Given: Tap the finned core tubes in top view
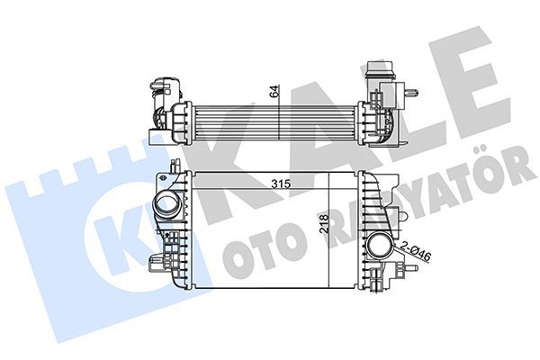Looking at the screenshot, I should pyautogui.click(x=270, y=117).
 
